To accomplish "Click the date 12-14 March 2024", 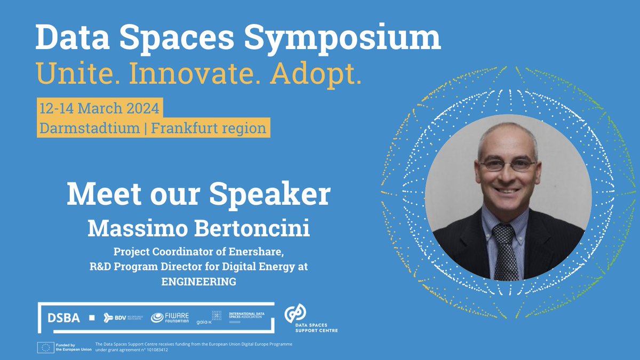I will coord(99,109).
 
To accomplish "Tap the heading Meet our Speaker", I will coord(198,195).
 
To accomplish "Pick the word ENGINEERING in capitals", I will coord(199,282).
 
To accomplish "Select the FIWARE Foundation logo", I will coord(170,318).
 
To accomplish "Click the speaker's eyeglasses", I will coord(507,164).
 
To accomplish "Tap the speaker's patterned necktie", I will coord(506,251).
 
